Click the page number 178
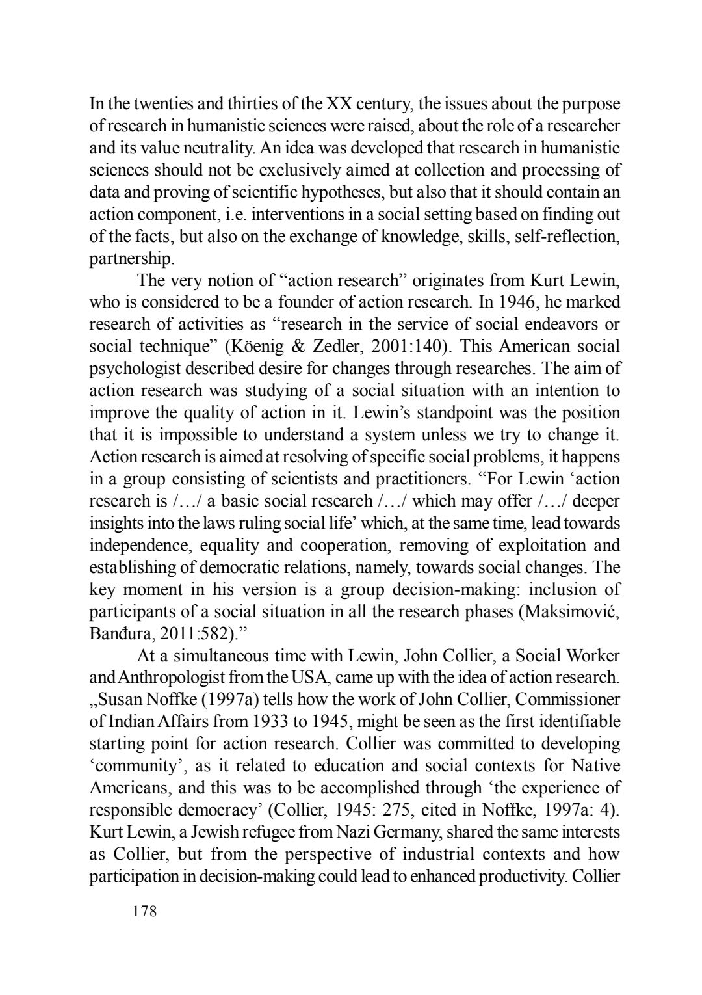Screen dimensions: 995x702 click(x=144, y=911)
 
